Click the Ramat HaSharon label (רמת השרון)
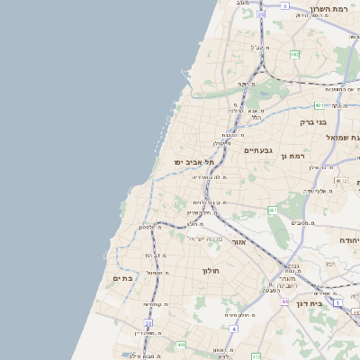tap(328, 9)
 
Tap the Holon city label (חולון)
tap(211, 271)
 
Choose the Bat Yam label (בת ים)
tap(123, 279)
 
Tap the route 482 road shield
tap(294, 55)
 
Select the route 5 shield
tap(284, 5)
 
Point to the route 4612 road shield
tap(340, 180)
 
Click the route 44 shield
tap(283, 302)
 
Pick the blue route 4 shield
tap(232, 329)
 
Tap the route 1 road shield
tap(337, 303)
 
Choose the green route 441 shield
tap(181, 345)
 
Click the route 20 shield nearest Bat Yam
tap(148, 321)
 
